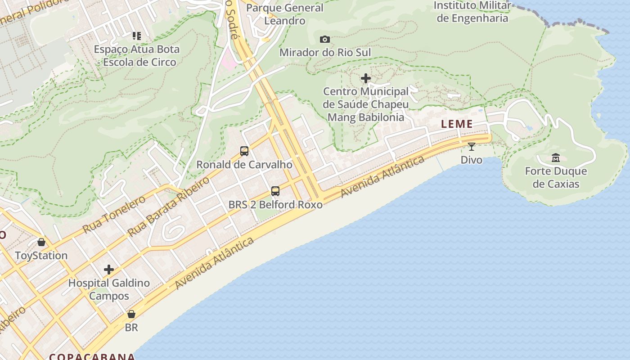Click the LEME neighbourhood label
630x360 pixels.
(457, 124)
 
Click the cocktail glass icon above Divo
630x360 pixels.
(471, 147)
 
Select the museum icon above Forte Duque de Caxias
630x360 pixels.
(556, 157)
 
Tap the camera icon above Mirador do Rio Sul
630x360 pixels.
(325, 40)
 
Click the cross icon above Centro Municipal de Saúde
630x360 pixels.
(366, 78)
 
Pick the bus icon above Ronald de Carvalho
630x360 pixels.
(244, 151)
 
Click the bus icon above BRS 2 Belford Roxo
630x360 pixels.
(275, 191)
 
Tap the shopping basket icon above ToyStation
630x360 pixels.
(41, 242)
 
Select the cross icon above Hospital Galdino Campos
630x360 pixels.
(109, 270)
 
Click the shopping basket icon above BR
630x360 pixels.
(131, 314)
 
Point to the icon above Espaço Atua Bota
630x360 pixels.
(136, 36)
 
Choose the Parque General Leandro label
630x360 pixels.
(285, 14)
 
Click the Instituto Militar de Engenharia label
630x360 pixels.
(472, 12)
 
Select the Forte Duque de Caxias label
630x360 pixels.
(556, 177)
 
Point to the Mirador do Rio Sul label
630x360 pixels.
(325, 53)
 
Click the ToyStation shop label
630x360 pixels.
(41, 256)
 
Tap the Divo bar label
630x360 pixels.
(471, 160)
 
